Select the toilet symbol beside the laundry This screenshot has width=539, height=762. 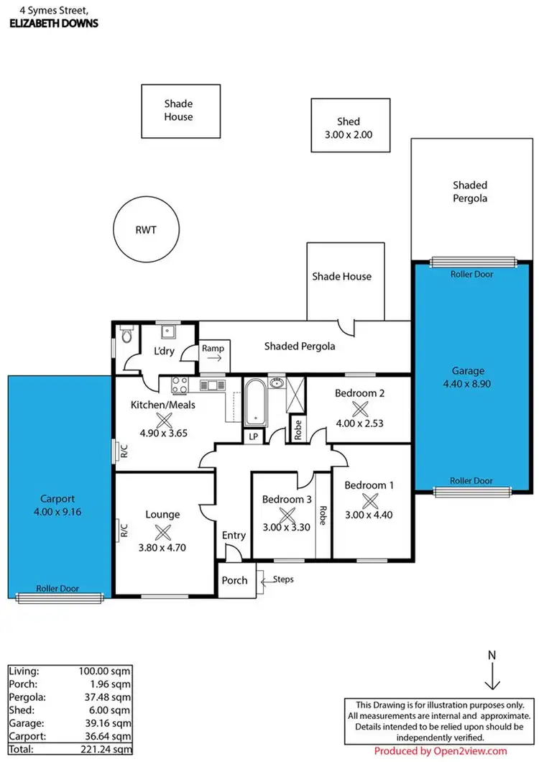[127, 336]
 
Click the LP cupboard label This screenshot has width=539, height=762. [253, 436]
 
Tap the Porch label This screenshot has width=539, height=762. [234, 580]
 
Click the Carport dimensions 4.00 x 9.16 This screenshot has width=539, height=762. [55, 511]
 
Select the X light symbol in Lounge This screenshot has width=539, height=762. [163, 533]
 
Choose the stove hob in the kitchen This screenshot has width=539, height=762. [179, 385]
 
